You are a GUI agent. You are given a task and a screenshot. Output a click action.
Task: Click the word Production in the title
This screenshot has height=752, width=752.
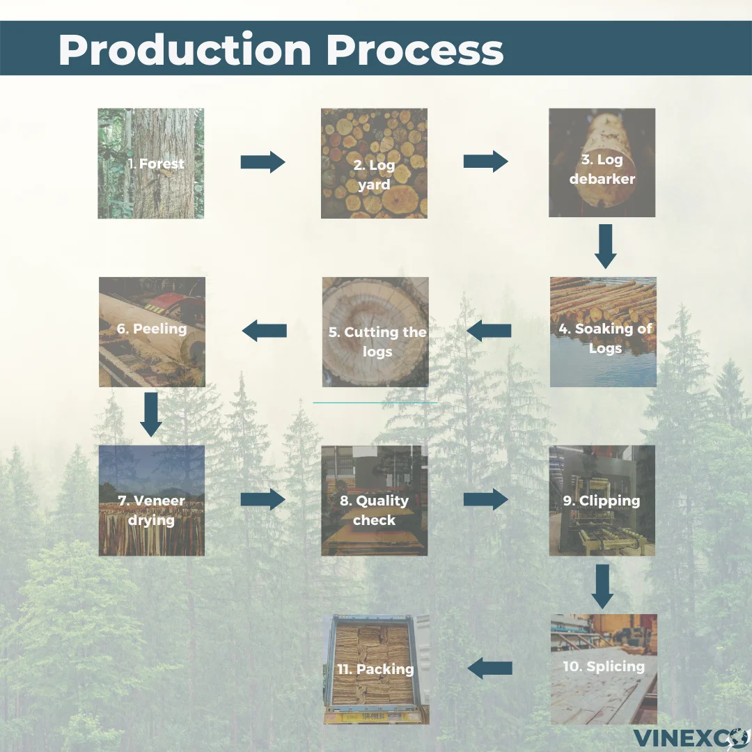click(x=184, y=49)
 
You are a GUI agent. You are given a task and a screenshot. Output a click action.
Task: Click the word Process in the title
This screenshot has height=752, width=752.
click(x=415, y=49)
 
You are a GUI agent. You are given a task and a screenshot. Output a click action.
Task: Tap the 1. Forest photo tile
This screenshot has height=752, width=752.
click(x=151, y=164)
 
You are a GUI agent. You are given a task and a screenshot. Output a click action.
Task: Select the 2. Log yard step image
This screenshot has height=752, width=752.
click(x=374, y=164)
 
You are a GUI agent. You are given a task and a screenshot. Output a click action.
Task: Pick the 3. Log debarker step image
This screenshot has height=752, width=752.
click(x=602, y=163)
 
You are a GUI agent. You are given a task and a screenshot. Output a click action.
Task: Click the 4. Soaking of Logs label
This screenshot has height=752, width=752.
click(x=604, y=338)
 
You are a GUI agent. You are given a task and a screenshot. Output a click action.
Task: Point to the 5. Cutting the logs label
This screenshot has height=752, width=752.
click(x=377, y=341)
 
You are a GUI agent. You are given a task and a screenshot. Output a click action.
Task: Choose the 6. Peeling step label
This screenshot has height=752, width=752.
click(x=152, y=328)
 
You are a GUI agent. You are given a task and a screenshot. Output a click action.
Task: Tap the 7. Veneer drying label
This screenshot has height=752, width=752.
click(x=151, y=510)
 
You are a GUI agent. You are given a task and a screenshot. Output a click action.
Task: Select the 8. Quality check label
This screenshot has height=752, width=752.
click(x=374, y=510)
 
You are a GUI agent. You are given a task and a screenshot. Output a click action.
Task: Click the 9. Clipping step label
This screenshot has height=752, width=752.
click(x=601, y=501)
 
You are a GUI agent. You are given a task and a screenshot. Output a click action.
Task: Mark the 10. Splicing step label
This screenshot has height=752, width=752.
click(x=603, y=666)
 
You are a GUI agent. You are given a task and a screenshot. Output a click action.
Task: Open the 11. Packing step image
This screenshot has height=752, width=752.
click(x=375, y=669)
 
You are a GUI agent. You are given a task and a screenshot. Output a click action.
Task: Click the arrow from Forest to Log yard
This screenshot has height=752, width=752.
click(x=263, y=162)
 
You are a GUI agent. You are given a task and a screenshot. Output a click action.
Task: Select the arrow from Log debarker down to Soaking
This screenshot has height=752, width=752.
click(x=605, y=246)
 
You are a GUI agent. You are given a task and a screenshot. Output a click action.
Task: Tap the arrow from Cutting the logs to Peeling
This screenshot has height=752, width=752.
click(x=265, y=331)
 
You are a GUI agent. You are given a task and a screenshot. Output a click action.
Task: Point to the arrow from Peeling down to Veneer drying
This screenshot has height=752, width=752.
click(x=151, y=414)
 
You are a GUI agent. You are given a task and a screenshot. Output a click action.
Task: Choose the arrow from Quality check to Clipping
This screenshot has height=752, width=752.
click(x=485, y=499)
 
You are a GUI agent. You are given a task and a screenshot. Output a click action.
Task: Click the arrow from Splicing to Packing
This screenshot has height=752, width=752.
click(x=489, y=668)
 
